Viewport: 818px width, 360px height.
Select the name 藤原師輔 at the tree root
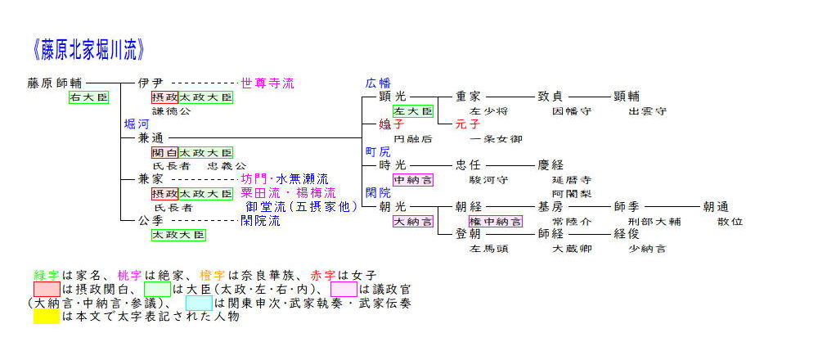[x=55, y=83]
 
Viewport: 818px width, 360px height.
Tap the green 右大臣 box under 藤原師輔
[x=88, y=97]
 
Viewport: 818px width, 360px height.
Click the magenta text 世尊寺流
[x=267, y=83]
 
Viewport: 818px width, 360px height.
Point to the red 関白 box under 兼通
[x=164, y=152]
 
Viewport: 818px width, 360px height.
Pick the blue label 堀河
[x=137, y=124]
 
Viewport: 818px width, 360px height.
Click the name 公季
[x=151, y=220]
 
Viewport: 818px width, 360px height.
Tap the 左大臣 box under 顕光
[x=413, y=111]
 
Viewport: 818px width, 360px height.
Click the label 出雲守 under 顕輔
[x=648, y=111]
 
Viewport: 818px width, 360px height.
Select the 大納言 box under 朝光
[x=413, y=221]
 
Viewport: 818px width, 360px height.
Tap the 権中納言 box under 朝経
[x=494, y=221]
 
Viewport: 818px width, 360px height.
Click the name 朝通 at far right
[x=716, y=207]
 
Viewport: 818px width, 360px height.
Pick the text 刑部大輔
[x=651, y=221]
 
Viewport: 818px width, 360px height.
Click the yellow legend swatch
[x=47, y=317]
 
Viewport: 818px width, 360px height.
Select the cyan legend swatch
[x=198, y=303]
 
